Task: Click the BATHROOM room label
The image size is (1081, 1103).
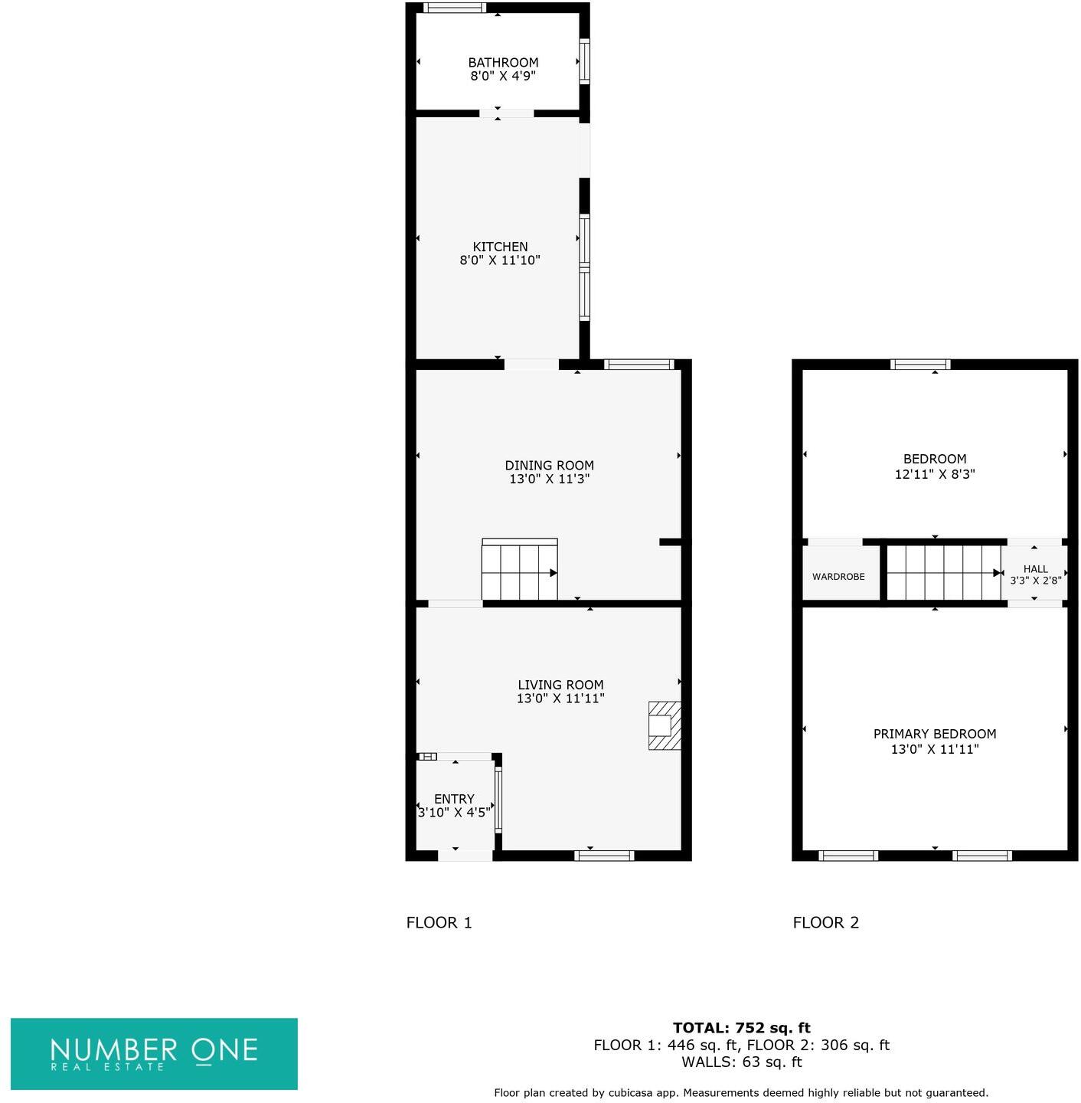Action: point(503,62)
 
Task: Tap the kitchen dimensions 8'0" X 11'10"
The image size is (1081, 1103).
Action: point(500,260)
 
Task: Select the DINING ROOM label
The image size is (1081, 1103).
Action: point(549,465)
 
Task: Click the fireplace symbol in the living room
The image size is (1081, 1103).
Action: point(664,725)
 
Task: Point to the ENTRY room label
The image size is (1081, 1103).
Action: point(454,798)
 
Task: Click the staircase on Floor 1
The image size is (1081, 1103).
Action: point(519,571)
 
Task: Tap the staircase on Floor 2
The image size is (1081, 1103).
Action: point(944,572)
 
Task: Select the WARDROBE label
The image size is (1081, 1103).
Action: point(838,576)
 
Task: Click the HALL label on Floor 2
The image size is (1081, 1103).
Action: point(1035,568)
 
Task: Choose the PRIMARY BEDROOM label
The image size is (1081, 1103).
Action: point(934,734)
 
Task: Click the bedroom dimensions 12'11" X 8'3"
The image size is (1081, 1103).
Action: point(934,474)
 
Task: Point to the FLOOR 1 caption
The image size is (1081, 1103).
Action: point(439,922)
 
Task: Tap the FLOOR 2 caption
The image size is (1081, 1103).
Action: point(825,922)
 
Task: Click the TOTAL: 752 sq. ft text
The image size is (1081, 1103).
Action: point(741,1028)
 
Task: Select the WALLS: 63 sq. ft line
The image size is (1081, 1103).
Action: point(741,1062)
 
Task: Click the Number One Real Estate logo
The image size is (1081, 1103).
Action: point(154,1053)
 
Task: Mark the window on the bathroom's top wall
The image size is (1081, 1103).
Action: point(455,8)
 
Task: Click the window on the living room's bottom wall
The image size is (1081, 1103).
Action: point(604,856)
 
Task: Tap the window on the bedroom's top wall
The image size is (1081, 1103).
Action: point(920,365)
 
